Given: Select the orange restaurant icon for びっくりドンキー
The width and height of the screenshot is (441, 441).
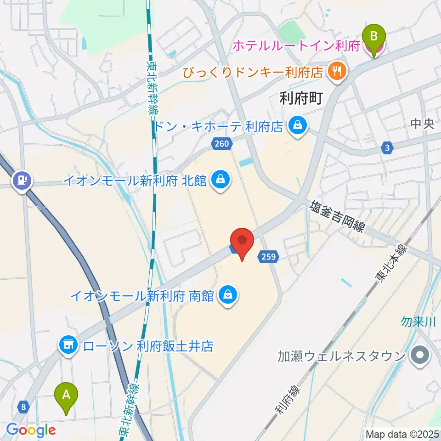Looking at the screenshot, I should coord(338,71).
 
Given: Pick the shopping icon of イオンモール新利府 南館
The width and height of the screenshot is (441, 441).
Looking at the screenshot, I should coord(227,294).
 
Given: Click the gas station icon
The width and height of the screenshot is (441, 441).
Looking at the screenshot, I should coord(22,179).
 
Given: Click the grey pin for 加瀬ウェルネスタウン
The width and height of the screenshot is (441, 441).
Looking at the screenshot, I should coord(419,356).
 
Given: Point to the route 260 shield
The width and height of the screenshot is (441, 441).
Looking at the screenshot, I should coord(221,144).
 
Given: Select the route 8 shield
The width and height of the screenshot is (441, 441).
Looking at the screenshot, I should coord(23,406).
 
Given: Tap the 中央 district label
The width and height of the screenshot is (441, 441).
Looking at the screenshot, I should coord(422,124).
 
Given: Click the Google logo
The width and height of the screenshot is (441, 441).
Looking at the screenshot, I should coord(31,430).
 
